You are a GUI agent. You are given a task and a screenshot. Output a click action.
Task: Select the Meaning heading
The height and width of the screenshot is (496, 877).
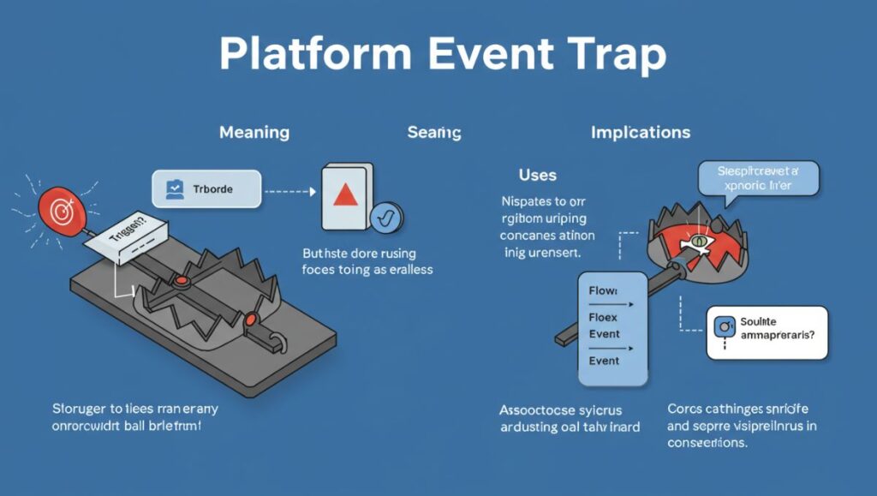(254, 133)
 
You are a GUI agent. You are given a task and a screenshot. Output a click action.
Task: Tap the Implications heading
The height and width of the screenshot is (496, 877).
(641, 133)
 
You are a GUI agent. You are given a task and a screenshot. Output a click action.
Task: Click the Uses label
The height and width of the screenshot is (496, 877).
(538, 176)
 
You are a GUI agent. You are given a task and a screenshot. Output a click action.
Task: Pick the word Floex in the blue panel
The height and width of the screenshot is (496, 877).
(604, 319)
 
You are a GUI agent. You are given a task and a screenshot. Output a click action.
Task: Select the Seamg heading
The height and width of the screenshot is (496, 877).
(434, 133)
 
